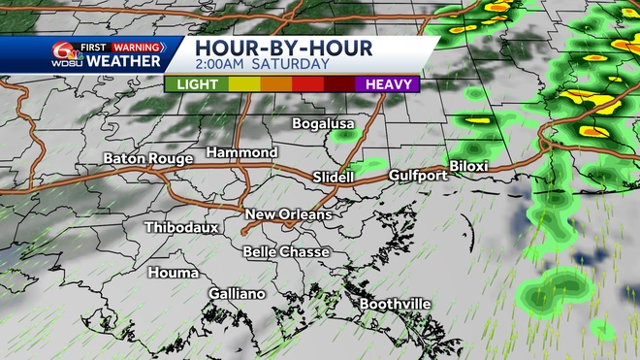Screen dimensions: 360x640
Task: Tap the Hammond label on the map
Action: (242, 153)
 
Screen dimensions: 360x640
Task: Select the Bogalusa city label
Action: (324, 123)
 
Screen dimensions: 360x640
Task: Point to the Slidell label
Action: (336, 177)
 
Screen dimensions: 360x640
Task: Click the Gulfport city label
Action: (418, 176)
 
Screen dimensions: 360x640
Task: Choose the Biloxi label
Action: (468, 166)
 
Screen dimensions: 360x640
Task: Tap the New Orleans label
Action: (288, 214)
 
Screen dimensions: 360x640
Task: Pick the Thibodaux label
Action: (181, 228)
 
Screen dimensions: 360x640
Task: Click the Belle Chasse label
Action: (286, 252)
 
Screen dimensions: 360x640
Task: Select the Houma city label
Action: (173, 273)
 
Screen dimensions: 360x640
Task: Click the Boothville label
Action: (396, 305)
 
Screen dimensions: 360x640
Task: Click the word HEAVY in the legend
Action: (387, 84)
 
